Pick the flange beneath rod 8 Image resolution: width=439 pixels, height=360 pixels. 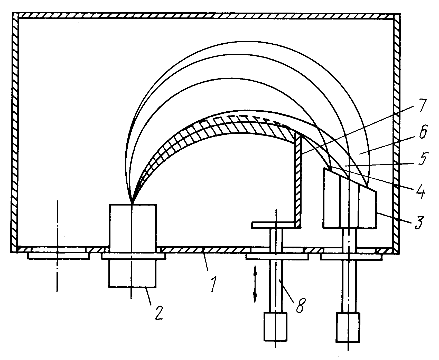(x=276, y=256)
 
